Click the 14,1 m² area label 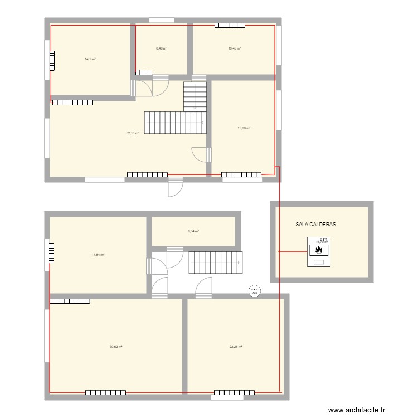(x=90, y=59)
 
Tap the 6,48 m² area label (x=162, y=48)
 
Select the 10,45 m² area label (x=234, y=48)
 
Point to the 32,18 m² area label (x=133, y=133)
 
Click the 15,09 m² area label (x=244, y=128)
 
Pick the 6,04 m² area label (x=193, y=231)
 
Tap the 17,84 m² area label (x=98, y=255)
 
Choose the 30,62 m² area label (x=116, y=347)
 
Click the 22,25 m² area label (x=236, y=347)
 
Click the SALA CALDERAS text (x=316, y=226)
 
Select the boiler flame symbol (x=319, y=250)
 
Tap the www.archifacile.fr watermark (x=357, y=410)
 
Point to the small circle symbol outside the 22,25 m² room (x=254, y=290)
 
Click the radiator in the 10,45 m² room (x=230, y=25)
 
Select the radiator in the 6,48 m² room (x=143, y=72)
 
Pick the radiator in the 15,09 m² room (x=241, y=175)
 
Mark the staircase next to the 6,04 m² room (x=216, y=262)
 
